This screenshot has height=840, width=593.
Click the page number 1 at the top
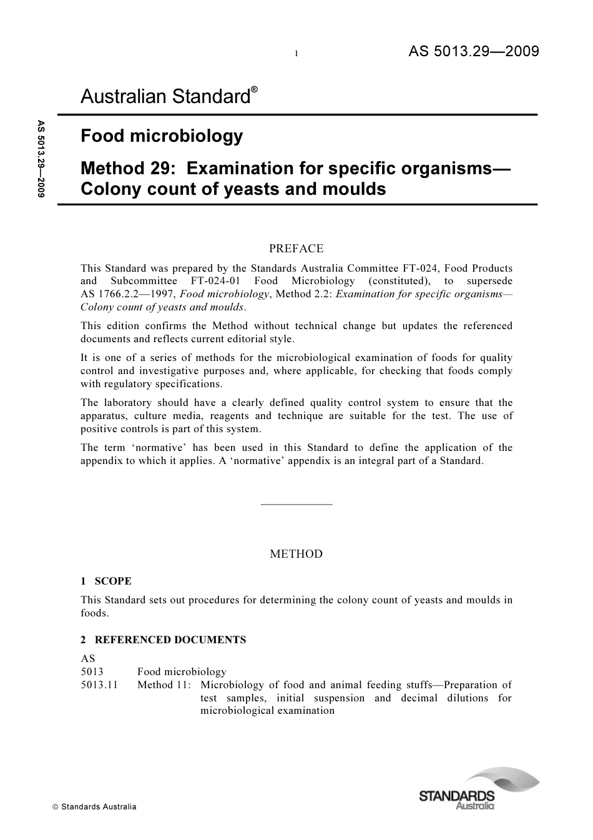click(x=296, y=54)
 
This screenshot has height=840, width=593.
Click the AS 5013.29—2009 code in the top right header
click(x=473, y=51)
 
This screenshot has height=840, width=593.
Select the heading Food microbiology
click(x=162, y=136)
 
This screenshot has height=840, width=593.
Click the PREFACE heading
click(x=296, y=249)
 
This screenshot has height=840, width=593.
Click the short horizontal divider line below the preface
click(x=296, y=504)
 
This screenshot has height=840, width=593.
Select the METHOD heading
click(x=296, y=554)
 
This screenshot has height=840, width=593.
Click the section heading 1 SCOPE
click(x=106, y=581)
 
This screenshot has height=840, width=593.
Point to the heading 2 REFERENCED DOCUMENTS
click(x=163, y=640)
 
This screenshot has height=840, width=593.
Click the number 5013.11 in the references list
click(x=99, y=685)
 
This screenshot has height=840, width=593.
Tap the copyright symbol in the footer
click(x=55, y=807)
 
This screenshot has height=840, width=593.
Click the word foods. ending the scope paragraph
click(x=94, y=613)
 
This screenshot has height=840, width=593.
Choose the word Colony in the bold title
click(x=110, y=189)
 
